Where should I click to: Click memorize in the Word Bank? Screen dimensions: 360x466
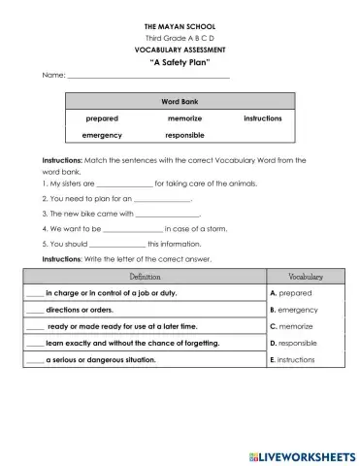point(183,118)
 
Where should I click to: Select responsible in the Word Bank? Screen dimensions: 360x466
point(183,136)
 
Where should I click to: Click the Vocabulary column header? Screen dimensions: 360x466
point(306,277)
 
